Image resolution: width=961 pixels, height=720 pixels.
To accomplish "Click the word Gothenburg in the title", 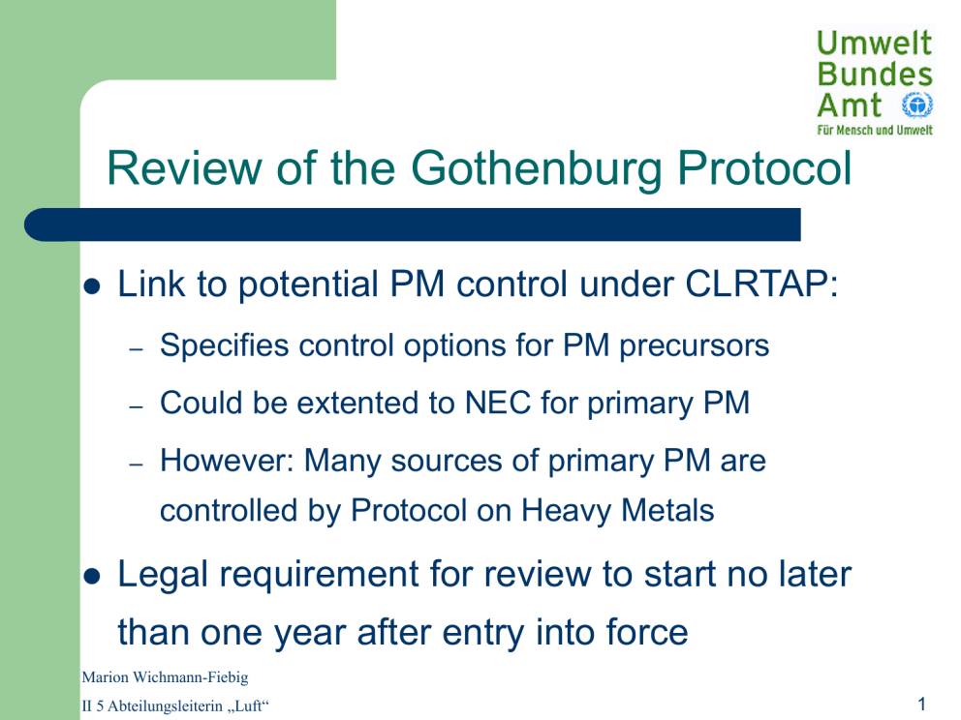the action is (537, 169).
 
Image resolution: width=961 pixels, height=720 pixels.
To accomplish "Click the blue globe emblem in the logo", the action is (916, 105).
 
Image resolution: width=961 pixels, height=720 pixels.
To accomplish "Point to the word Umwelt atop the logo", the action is (874, 43).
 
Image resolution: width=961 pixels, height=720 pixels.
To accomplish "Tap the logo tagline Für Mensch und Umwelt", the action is (875, 130).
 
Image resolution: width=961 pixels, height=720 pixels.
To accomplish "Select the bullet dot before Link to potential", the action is (92, 285).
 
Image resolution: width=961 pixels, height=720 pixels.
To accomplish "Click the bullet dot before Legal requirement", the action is (92, 576).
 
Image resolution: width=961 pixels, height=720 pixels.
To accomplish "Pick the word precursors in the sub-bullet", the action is (694, 345).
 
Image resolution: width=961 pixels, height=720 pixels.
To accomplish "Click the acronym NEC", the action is (498, 403).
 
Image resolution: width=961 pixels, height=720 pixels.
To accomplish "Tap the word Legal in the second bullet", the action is (163, 576).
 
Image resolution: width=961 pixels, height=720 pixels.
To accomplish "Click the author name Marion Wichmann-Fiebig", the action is (165, 677).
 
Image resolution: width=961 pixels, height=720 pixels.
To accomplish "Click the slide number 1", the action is (922, 705).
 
